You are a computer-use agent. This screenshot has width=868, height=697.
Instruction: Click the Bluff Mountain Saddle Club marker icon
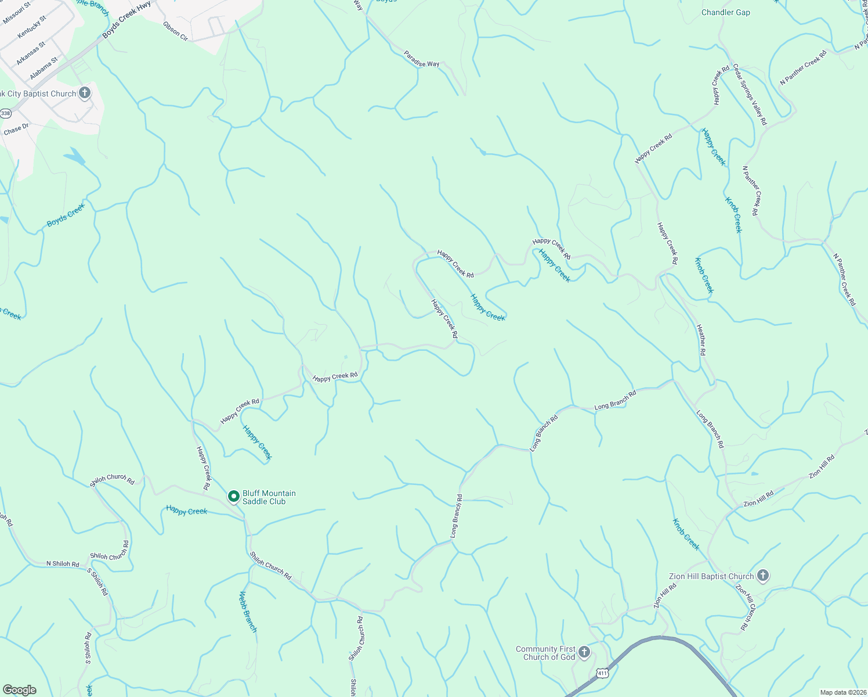click(x=234, y=497)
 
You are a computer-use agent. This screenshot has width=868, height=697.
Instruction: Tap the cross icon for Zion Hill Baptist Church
click(x=763, y=576)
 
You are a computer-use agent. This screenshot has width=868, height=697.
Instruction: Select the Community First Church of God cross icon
click(x=584, y=652)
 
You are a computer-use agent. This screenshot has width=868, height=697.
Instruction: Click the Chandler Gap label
click(x=725, y=12)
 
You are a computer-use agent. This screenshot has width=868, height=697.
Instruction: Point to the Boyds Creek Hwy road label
click(x=126, y=20)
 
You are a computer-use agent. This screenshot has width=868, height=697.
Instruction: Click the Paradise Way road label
click(x=422, y=60)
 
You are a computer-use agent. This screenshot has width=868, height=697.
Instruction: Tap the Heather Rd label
click(x=701, y=340)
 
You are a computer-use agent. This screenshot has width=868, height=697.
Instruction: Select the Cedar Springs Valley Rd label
click(x=750, y=95)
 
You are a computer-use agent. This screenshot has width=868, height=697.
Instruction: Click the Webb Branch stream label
click(x=248, y=612)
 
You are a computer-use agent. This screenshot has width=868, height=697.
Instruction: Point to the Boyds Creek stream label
click(x=66, y=215)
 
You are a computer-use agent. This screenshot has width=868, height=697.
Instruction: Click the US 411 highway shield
click(x=603, y=673)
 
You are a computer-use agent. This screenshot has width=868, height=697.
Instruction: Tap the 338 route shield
click(x=6, y=113)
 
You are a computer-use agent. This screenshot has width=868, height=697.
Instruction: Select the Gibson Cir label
click(x=175, y=31)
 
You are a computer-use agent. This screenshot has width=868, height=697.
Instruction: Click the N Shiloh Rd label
click(x=63, y=563)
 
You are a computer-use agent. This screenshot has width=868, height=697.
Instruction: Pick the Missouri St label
click(x=16, y=13)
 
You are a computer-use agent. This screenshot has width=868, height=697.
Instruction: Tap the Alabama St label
click(x=44, y=69)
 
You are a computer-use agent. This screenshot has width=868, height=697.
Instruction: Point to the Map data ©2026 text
click(x=842, y=692)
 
